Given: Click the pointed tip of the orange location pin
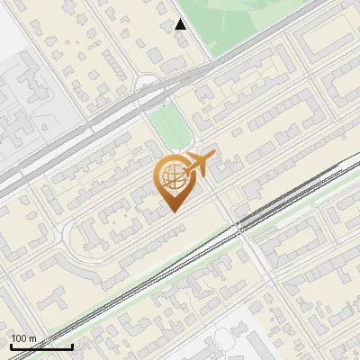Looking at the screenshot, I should [x=174, y=211].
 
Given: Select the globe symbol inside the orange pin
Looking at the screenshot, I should [x=173, y=176].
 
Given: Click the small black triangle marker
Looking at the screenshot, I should [x=181, y=24].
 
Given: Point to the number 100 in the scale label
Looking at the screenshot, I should [x=19, y=338].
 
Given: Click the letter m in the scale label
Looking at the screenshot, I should [x=33, y=338].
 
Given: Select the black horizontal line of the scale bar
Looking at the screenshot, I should [x=41, y=346].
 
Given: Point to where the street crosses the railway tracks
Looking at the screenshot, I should [x=243, y=229].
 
